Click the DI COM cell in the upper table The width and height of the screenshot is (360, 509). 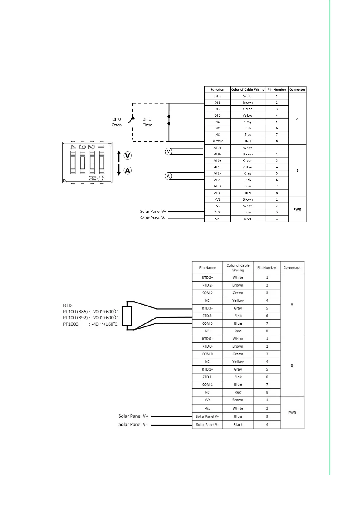tap(217, 141)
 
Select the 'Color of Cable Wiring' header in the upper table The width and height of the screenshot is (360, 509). tap(248, 89)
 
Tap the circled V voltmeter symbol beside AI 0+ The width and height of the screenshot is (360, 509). tap(169, 151)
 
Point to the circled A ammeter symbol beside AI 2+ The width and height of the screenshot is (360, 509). tap(168, 176)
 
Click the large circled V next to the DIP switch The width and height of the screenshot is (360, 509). tap(128, 156)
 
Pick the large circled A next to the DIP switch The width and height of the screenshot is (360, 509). tap(128, 171)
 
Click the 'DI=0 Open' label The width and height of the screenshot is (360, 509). tap(117, 122)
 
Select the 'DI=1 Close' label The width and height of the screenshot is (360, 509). tap(147, 122)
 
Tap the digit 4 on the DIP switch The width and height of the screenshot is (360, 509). tap(73, 147)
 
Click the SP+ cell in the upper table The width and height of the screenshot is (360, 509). tap(217, 212)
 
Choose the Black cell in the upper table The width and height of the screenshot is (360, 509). tap(248, 219)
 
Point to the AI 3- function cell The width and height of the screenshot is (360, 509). tap(217, 193)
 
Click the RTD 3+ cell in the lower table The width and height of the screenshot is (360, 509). tap(207, 308)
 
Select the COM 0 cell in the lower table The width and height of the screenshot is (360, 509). tap(207, 354)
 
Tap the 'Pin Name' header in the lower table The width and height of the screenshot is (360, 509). tap(207, 267)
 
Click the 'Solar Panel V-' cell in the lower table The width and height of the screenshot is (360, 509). tap(207, 425)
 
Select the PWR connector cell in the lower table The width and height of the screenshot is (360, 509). tap(292, 413)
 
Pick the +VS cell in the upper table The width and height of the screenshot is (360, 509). tap(217, 199)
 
